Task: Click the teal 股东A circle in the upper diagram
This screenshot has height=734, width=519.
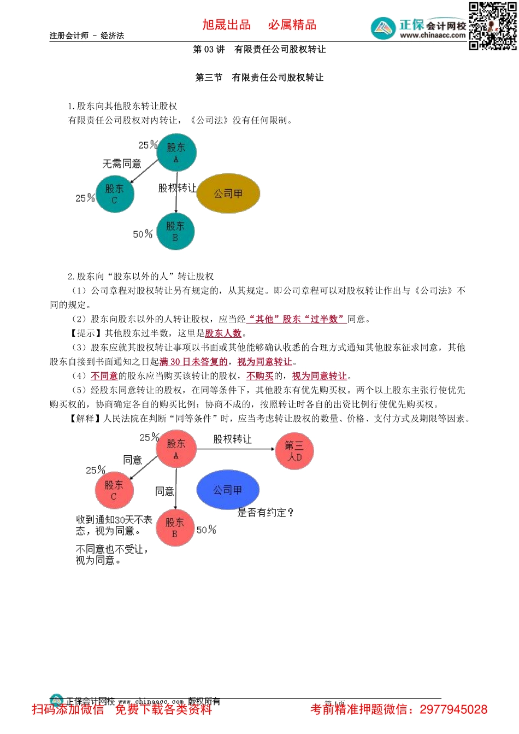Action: (176, 152)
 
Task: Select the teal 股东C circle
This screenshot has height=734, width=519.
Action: (114, 194)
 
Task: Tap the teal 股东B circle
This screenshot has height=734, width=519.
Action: (175, 231)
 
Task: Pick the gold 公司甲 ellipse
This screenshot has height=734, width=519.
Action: (228, 193)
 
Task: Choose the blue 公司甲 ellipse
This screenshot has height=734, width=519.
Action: (227, 490)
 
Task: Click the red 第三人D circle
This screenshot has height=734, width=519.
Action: (294, 451)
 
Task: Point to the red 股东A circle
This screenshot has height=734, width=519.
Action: (176, 449)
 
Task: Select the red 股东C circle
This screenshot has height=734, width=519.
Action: (114, 490)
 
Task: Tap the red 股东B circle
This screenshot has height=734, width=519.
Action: (175, 527)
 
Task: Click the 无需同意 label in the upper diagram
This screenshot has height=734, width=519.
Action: (122, 164)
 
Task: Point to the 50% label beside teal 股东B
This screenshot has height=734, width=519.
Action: (143, 234)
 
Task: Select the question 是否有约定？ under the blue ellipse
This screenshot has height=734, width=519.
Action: (266, 513)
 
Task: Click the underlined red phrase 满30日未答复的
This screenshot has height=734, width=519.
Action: (193, 362)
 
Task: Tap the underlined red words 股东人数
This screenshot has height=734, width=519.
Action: (223, 333)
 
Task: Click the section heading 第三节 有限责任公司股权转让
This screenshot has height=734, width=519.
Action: (259, 78)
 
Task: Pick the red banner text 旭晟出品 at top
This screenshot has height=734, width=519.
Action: (226, 25)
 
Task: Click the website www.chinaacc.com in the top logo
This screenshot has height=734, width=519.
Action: (433, 36)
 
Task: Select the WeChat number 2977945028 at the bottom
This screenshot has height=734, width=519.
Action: (453, 709)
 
